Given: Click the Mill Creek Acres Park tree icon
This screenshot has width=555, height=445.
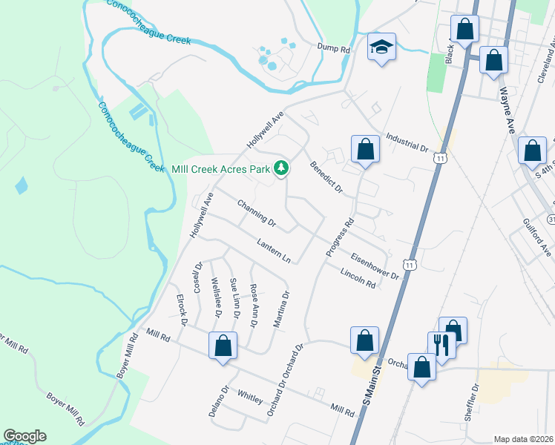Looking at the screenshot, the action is [281, 169].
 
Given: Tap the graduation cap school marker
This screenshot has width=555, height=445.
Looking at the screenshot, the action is [381, 47].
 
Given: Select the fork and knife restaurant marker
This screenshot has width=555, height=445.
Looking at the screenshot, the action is [439, 345].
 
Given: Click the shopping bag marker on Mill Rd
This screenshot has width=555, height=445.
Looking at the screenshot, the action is [223, 346].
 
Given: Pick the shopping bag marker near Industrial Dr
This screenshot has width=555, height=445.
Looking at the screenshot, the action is [365, 150].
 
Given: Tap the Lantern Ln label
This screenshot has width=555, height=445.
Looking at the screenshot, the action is [273, 251].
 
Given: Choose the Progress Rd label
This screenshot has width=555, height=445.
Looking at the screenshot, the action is [339, 237].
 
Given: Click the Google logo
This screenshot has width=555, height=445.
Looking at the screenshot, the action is [25, 436].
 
